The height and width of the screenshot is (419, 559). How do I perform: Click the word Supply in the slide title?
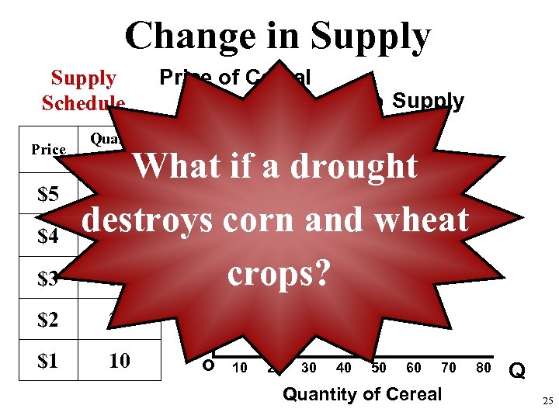(370, 36)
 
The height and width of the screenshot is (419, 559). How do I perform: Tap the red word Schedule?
(83, 103)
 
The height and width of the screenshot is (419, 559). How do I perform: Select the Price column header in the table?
(48, 149)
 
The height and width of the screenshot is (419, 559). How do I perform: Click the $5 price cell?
(48, 193)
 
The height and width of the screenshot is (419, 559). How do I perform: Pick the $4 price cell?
(48, 236)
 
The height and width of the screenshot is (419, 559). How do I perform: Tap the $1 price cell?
(48, 362)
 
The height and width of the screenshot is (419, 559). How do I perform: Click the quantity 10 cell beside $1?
(119, 362)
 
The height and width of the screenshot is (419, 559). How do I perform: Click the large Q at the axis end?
(518, 372)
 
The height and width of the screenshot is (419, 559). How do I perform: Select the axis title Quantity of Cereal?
(362, 394)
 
